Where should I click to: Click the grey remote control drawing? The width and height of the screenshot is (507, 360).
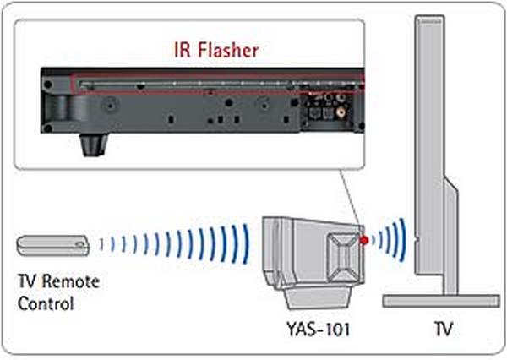point(53,245)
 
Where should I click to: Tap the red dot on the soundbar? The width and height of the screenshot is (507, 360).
point(364,242)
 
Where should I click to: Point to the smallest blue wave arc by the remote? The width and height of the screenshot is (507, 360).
point(102,245)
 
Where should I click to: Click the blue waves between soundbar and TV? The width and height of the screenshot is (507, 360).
point(390,238)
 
